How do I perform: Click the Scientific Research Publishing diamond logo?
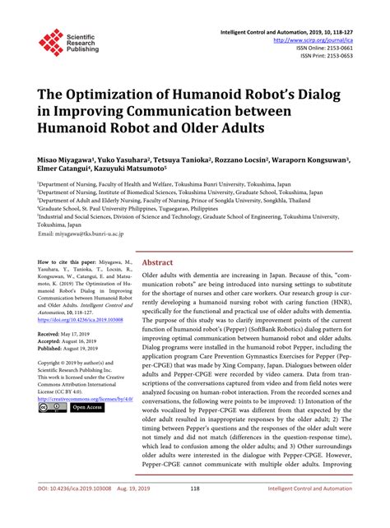(x=51, y=42)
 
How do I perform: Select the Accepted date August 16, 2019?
(x=86, y=341)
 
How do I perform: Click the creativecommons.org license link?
(x=82, y=397)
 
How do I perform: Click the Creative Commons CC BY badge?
(x=49, y=408)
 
